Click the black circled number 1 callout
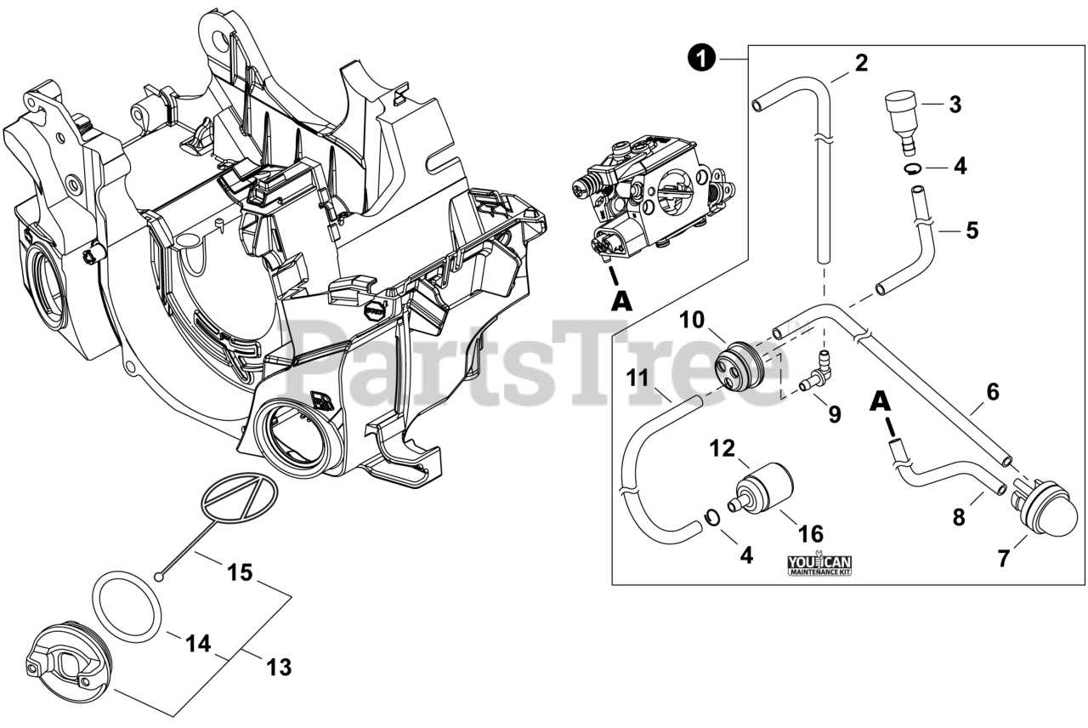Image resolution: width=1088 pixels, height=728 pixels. click(698, 58)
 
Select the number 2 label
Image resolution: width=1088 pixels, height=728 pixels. click(861, 63)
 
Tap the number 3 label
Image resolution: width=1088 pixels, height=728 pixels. click(955, 105)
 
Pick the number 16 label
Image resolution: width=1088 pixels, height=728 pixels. click(811, 533)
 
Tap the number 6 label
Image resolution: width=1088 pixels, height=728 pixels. click(992, 392)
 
